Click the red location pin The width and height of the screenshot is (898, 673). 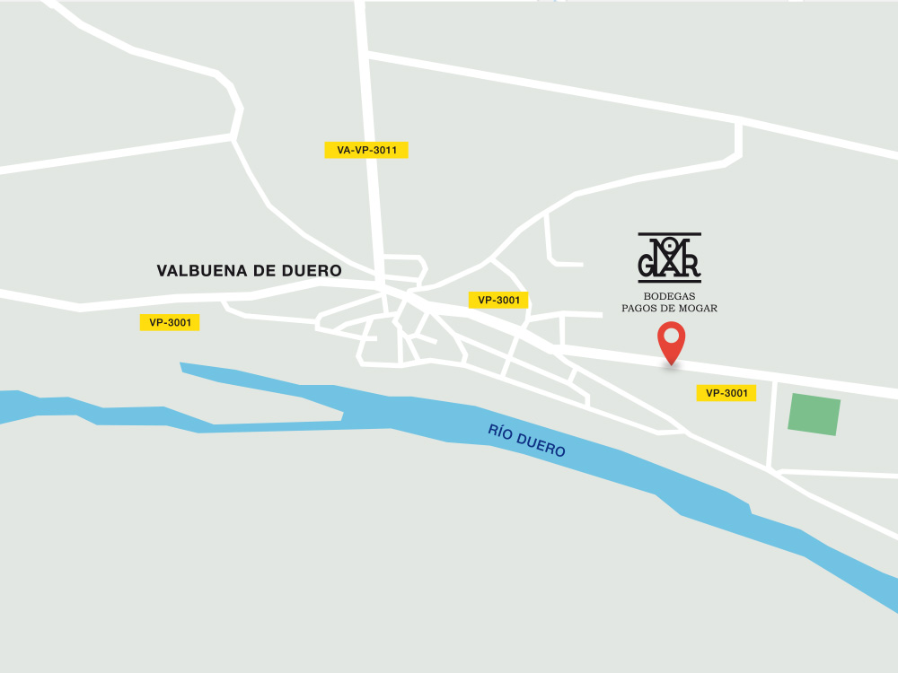click(x=671, y=342)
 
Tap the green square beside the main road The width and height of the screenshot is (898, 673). click(x=814, y=415)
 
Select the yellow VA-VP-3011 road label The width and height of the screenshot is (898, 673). click(x=366, y=150)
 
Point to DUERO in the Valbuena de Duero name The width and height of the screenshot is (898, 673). click(x=313, y=271)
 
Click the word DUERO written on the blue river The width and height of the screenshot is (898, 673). click(x=543, y=445)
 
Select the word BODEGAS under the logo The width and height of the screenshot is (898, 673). click(x=669, y=296)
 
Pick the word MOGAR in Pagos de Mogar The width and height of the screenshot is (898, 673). click(x=700, y=309)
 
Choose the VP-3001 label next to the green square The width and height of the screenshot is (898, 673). click(x=726, y=393)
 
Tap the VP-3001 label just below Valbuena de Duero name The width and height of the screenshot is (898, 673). click(x=170, y=322)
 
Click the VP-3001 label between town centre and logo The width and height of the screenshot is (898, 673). click(x=498, y=301)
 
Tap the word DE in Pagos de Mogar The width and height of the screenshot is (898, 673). click(x=670, y=309)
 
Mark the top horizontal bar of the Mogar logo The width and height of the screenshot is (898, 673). click(x=669, y=234)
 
